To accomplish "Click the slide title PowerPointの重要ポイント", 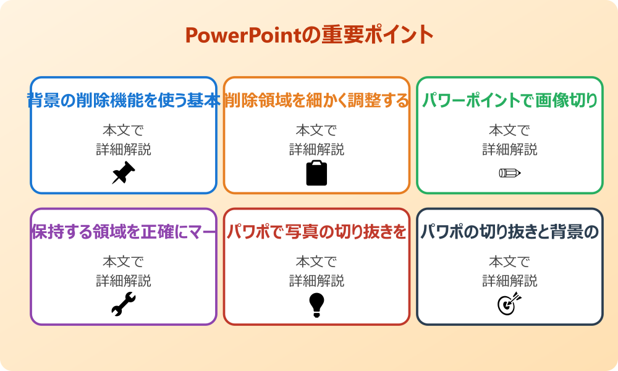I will [309, 35].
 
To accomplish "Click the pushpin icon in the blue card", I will [123, 173].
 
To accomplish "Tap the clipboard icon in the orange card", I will [316, 173].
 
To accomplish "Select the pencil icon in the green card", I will [510, 173].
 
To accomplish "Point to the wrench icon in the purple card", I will [123, 304].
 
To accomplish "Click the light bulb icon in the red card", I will [316, 304].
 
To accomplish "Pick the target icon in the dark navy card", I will [510, 304].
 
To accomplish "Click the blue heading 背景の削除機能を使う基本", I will [124, 100].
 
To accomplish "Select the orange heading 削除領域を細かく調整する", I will [316, 100].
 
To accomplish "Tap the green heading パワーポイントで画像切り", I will [510, 100].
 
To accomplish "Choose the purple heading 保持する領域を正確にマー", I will [124, 232].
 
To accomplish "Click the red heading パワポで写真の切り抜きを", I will [316, 232].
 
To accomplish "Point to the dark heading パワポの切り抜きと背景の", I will [510, 232].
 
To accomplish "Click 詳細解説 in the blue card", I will [124, 149].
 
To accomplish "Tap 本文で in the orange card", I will [316, 130].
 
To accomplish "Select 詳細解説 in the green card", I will [510, 149].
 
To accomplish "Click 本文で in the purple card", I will [124, 262].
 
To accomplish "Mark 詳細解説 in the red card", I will [316, 281].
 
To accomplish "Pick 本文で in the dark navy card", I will [510, 262].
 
